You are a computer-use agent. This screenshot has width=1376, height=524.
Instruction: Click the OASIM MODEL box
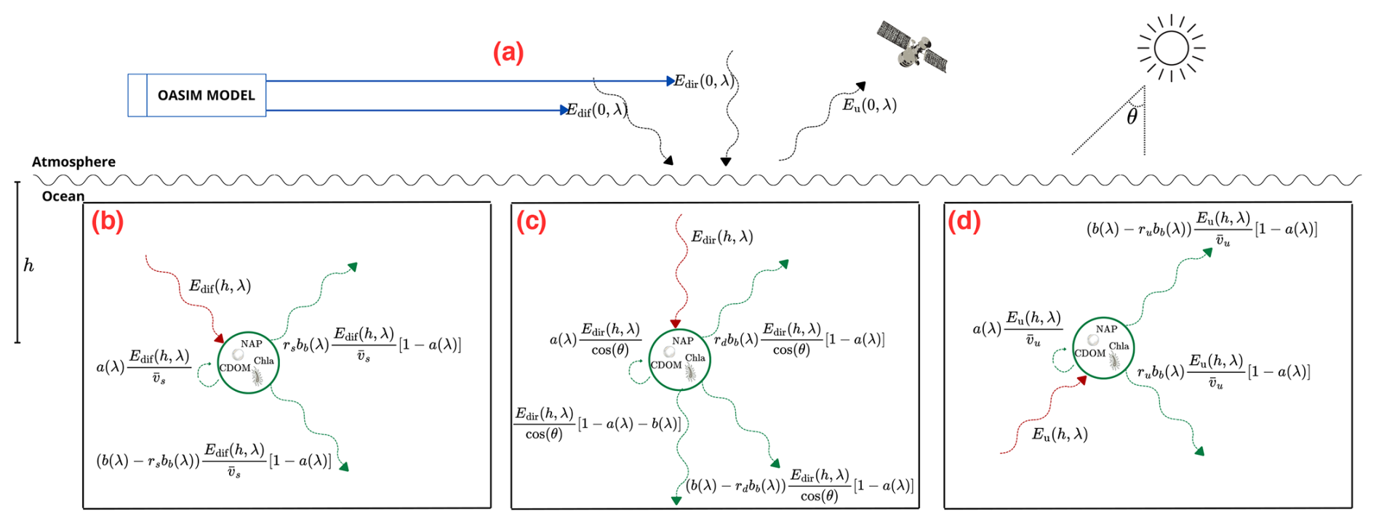pyautogui.click(x=197, y=95)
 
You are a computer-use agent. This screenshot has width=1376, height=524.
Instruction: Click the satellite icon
pyautogui.click(x=913, y=47)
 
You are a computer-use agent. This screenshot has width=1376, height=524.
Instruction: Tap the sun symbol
pyautogui.click(x=1171, y=48)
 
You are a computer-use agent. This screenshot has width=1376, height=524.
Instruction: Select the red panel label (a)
pyautogui.click(x=508, y=53)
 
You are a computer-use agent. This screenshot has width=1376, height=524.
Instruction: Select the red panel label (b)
pyautogui.click(x=108, y=221)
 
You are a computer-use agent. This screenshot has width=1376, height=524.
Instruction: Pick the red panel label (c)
pyautogui.click(x=531, y=221)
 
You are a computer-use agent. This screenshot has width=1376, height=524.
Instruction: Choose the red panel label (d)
pyautogui.click(x=964, y=221)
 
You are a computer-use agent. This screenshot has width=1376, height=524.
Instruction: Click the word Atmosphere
pyautogui.click(x=73, y=162)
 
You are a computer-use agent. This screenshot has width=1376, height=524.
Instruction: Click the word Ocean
pyautogui.click(x=63, y=196)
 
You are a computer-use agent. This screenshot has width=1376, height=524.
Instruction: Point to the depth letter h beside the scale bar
pyautogui.click(x=29, y=265)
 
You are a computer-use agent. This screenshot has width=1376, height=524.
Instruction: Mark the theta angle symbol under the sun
pyautogui.click(x=1132, y=117)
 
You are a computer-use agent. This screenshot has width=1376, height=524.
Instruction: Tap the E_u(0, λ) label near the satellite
pyautogui.click(x=870, y=105)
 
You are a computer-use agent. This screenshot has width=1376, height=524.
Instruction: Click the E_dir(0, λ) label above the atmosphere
pyautogui.click(x=705, y=81)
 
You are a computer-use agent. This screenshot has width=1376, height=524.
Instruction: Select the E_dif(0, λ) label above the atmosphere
pyautogui.click(x=596, y=110)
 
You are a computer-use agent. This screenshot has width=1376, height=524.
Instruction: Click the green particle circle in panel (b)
pyautogui.click(x=248, y=363)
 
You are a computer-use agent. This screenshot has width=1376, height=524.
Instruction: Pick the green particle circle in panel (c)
pyautogui.click(x=679, y=360)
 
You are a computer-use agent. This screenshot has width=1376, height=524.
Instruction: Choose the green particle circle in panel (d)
pyautogui.click(x=1103, y=348)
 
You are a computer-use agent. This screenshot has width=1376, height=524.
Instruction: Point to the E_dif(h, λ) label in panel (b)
pyautogui.click(x=220, y=286)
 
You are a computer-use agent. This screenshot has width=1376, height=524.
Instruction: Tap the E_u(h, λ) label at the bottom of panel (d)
pyautogui.click(x=1060, y=435)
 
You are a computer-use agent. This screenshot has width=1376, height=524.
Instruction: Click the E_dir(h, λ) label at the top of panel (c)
pyautogui.click(x=722, y=237)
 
